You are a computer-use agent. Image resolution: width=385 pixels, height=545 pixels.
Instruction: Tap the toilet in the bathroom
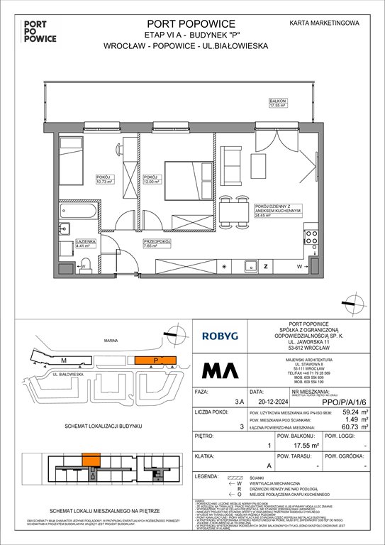(87, 264)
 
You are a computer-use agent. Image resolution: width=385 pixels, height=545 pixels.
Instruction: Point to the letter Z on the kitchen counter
(265, 267)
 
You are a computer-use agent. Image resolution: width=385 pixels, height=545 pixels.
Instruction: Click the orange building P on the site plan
(156, 360)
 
